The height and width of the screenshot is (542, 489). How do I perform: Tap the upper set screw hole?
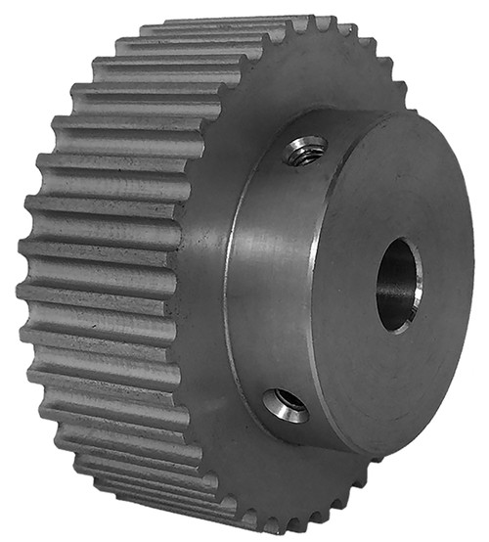(x=304, y=150)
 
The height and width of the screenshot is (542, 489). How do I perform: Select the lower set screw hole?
(x=287, y=403)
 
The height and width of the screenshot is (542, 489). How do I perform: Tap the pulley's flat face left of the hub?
(x=200, y=284)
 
